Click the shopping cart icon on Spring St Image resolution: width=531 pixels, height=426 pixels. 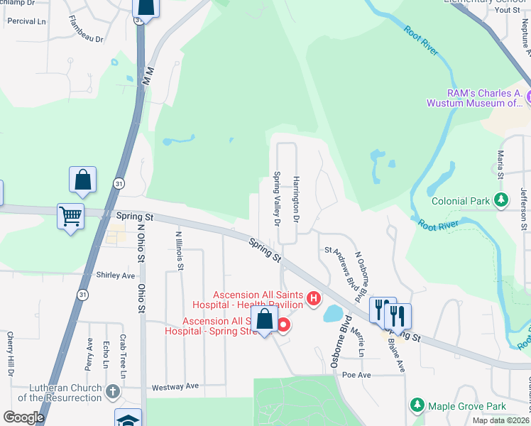point(70,216)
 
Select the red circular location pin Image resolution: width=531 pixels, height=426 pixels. point(283,325)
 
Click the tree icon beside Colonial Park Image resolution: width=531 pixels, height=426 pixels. point(502,201)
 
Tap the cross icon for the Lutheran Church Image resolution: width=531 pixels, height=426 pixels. point(112,391)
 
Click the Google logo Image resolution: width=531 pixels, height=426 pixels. point(23,417)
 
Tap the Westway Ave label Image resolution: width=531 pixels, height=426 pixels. point(176,387)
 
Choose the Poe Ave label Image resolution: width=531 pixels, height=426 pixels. point(357,374)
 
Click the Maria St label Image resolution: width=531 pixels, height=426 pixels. point(500,164)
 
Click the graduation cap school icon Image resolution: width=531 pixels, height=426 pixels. point(128,419)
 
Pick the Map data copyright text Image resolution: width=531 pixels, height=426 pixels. point(500,420)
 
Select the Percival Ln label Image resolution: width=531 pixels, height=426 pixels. point(26,21)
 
